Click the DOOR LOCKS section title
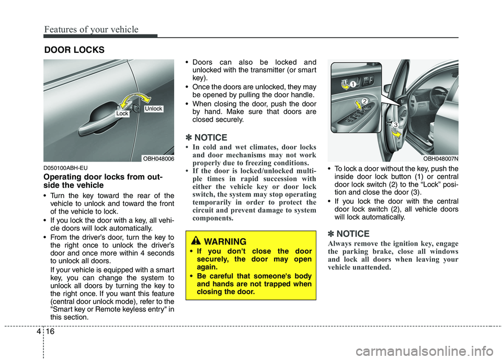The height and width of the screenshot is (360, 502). pyautogui.click(x=74, y=50)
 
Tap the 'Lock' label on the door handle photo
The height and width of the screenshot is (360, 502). pyautogui.click(x=122, y=113)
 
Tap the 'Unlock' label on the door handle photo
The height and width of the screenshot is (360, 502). pyautogui.click(x=154, y=109)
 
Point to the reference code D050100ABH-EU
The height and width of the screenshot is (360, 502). pyautogui.click(x=66, y=168)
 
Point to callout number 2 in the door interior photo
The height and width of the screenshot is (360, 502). pyautogui.click(x=365, y=100)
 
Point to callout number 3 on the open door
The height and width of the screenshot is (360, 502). pyautogui.click(x=396, y=124)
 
